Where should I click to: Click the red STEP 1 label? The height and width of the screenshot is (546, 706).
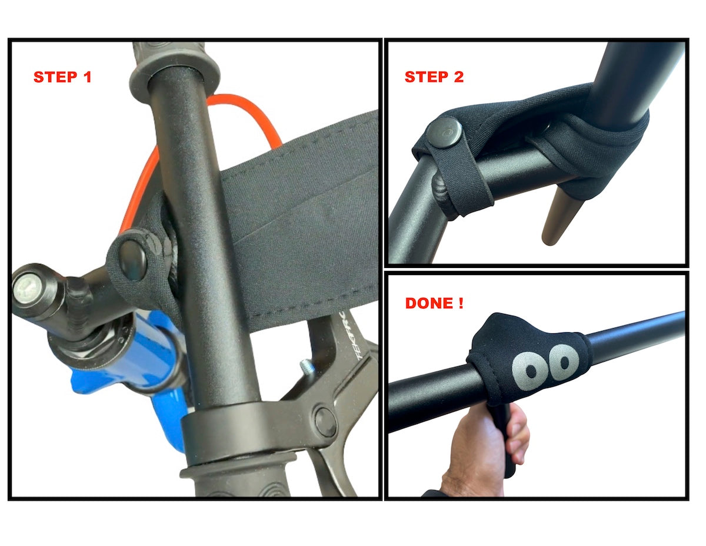point(62,77)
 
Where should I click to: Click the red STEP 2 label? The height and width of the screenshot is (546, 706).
point(434,77)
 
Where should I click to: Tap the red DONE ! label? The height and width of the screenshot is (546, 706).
point(434,303)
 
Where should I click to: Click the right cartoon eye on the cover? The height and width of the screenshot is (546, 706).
point(564,362)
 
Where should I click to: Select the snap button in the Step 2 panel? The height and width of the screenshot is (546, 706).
point(444,133)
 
